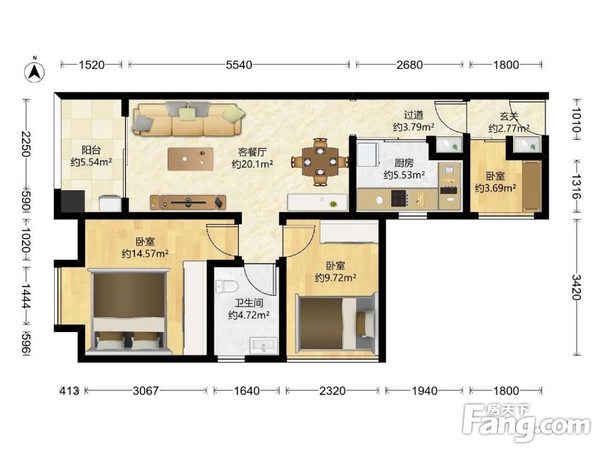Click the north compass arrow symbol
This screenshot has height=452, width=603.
[35, 71]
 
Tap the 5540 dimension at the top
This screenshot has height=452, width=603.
[239, 65]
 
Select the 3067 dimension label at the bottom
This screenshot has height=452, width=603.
[146, 391]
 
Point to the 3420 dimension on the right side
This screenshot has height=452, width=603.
[576, 287]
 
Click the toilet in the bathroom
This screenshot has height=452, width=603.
[227, 287]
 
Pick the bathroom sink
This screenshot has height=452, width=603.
[264, 346]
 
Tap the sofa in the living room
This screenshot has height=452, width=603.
[188, 118]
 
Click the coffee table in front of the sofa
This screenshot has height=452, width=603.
[190, 159]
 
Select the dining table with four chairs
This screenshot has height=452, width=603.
[320, 162]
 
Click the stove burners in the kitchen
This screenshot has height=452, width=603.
[400, 199]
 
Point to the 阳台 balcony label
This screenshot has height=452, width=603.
[91, 150]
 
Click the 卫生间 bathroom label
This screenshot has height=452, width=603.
[249, 303]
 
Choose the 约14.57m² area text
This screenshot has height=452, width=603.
[146, 254]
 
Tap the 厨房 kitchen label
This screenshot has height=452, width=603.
[404, 163]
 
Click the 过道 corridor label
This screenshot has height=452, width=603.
[414, 114]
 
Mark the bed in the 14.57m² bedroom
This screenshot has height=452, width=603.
[129, 312]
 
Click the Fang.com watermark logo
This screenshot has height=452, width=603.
[527, 422]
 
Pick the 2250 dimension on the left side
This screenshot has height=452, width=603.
[26, 144]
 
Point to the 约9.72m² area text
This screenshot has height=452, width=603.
[335, 277]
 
